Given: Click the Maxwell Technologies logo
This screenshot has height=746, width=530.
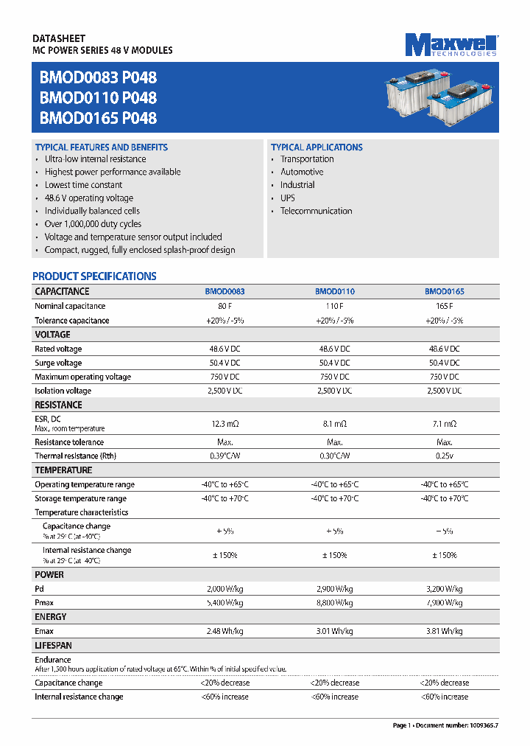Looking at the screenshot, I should click(x=451, y=44).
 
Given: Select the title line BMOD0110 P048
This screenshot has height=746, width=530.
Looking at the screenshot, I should click(x=98, y=97).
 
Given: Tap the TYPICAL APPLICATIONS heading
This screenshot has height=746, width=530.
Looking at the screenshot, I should click(x=317, y=147).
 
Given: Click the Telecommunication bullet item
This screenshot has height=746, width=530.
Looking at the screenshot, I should click(x=316, y=211).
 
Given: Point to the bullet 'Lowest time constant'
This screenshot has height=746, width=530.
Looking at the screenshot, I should click(x=83, y=185).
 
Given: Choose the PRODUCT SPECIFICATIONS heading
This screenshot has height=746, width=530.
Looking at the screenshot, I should click(x=94, y=276).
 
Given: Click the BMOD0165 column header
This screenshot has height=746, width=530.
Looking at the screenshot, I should click(x=444, y=292).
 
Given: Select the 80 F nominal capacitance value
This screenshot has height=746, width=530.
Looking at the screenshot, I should click(x=225, y=306).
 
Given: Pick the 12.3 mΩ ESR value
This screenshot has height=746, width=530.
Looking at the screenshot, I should click(x=225, y=424).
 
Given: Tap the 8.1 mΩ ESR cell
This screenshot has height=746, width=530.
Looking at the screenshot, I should click(x=334, y=424).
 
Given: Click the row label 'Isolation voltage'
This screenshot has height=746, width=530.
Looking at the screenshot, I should click(x=63, y=391).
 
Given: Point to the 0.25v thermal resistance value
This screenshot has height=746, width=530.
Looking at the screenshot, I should click(x=444, y=456).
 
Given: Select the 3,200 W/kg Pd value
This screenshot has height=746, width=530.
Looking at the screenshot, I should click(x=444, y=589).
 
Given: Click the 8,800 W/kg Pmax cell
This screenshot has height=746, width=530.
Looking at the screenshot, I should click(x=334, y=603).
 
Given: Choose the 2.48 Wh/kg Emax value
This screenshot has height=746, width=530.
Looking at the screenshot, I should click(x=225, y=631).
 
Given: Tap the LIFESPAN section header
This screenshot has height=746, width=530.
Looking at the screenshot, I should click(x=54, y=645).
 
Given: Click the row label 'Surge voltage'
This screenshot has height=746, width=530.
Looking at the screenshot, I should click(x=59, y=363).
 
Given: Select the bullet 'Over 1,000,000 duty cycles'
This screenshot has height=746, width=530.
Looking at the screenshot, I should click(x=93, y=224).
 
